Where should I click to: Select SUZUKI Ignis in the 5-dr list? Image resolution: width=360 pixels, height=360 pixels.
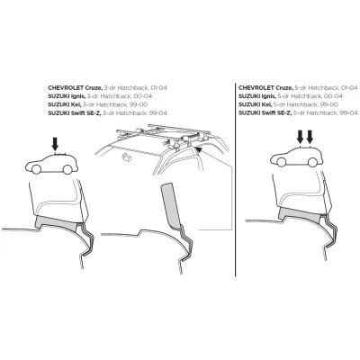pyautogui.click(x=257, y=96)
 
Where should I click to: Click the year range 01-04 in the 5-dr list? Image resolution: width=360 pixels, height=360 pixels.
pyautogui.click(x=348, y=88)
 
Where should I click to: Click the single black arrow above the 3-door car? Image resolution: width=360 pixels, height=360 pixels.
pyautogui.click(x=55, y=144)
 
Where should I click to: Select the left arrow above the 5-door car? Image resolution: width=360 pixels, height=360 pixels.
pyautogui.click(x=300, y=137)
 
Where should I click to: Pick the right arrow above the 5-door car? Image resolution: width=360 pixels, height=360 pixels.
pyautogui.click(x=310, y=137)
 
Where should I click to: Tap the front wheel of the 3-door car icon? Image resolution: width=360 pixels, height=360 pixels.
pyautogui.click(x=36, y=169)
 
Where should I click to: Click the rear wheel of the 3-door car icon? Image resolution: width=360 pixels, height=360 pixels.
pyautogui.click(x=67, y=169)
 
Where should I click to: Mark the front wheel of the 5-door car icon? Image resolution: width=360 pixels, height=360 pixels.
pyautogui.click(x=281, y=162)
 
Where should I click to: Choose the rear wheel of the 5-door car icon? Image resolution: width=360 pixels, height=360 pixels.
pyautogui.click(x=312, y=162)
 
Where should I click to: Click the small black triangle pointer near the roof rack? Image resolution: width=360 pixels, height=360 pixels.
pyautogui.click(x=198, y=148)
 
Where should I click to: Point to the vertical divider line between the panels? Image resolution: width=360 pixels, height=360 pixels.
pyautogui.click(x=236, y=179)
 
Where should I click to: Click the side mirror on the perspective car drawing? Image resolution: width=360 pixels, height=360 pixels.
pyautogui.click(x=127, y=157)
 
